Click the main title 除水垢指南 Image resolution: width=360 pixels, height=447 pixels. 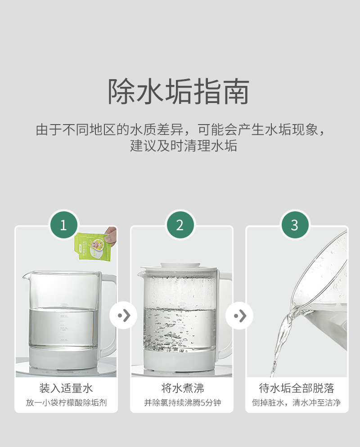coord(179,91)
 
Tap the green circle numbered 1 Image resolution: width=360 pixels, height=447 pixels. coord(63,225)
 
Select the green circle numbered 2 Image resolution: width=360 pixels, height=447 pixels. coord(180,225)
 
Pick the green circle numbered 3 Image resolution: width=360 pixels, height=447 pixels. coord(295,225)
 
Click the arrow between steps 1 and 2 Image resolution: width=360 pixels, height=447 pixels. coord(123,315)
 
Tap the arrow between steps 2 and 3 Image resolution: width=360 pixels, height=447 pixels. coord(239,315)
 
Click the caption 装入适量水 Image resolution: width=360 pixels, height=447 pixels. coord(66,388)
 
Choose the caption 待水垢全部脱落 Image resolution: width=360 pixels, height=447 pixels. coord(297,388)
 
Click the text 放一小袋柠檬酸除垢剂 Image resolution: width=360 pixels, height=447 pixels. coord(66,402)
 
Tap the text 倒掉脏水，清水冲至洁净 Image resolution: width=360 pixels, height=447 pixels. coord(297,402)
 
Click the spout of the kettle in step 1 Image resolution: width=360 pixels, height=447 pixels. coord(27,276)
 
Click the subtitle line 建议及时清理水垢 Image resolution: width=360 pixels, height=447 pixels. coord(184,146)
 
